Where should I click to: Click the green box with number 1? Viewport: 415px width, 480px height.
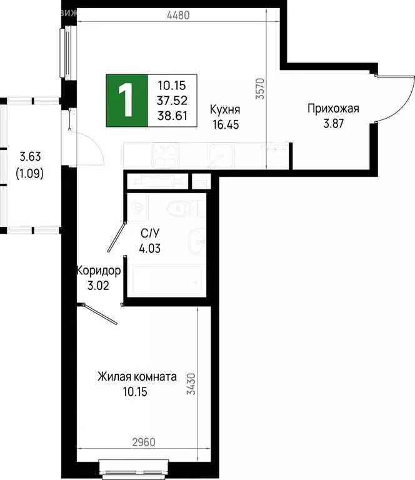127,100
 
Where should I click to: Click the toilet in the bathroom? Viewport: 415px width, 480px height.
184,206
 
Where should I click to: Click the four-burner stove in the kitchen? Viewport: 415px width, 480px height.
167,154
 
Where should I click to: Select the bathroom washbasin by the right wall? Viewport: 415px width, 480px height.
196,241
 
